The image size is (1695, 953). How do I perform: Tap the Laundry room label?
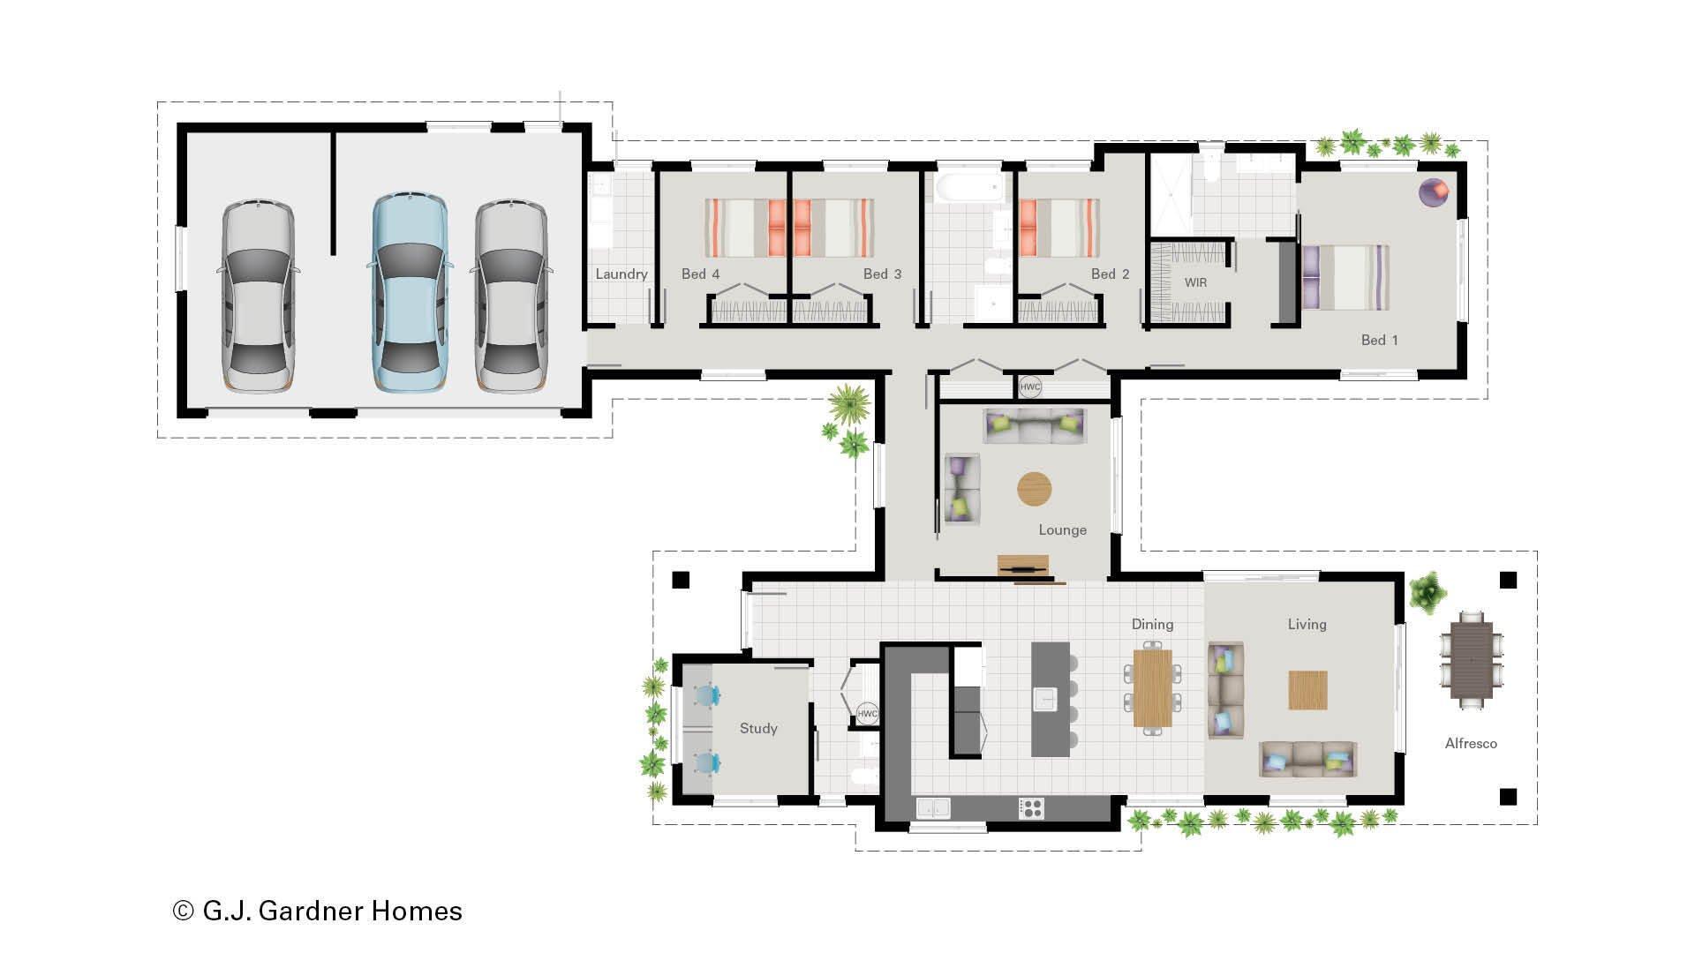[621, 274]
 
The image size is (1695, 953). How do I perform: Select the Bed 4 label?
[700, 274]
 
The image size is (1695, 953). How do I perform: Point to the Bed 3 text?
[882, 274]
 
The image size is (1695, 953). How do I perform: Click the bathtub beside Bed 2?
[969, 187]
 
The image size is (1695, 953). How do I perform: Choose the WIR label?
[1195, 283]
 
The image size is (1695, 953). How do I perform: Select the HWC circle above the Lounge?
[1030, 386]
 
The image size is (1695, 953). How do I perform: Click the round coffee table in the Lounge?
[1035, 489]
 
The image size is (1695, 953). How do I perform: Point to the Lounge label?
[1062, 530]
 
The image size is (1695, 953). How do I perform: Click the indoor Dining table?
[1152, 687]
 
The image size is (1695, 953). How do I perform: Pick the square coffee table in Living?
[1307, 690]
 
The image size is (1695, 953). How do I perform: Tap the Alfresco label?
[1471, 744]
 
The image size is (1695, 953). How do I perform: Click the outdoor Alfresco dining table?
[1471, 659]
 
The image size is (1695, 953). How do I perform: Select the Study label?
[758, 729]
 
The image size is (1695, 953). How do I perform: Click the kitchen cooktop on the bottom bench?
[1031, 807]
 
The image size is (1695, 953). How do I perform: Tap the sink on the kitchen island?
[1045, 699]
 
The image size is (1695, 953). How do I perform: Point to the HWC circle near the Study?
[867, 714]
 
